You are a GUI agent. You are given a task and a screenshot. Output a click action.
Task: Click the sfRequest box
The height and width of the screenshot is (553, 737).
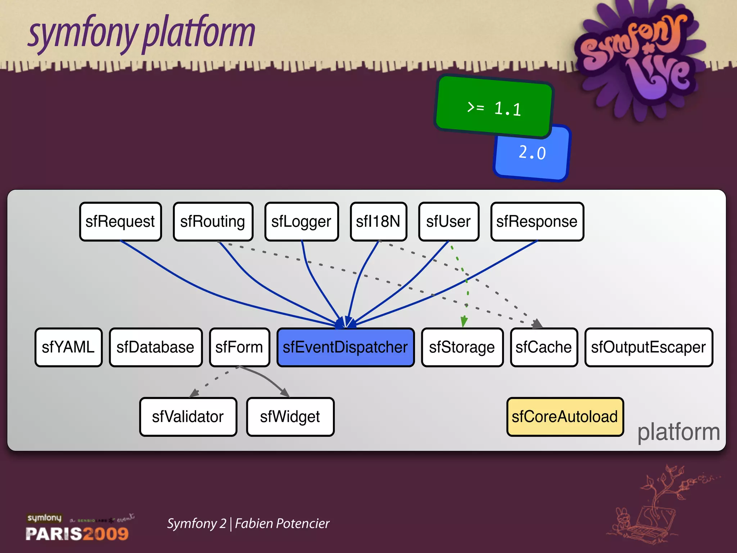[120, 221]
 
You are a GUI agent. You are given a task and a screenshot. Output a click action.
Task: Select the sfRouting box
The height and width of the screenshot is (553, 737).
[213, 221]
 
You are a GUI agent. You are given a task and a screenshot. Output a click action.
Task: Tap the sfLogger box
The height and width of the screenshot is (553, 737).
[301, 221]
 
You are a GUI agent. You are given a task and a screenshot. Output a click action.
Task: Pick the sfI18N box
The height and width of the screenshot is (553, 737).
[378, 221]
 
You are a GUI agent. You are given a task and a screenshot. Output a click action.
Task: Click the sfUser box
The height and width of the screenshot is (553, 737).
[448, 221]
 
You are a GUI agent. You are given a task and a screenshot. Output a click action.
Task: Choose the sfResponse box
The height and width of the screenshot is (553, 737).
[537, 221]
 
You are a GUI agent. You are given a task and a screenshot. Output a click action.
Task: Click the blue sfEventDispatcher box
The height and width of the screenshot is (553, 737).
[345, 347]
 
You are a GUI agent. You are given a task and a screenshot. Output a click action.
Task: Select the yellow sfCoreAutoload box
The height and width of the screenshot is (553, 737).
[565, 417]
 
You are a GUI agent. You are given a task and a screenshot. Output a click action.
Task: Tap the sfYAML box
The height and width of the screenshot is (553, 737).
[68, 347]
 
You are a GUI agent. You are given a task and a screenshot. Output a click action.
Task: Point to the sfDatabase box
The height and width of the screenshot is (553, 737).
[155, 347]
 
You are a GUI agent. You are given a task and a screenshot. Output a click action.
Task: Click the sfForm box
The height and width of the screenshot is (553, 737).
[239, 347]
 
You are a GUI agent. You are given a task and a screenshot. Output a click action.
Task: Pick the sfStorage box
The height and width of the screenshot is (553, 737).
[462, 347]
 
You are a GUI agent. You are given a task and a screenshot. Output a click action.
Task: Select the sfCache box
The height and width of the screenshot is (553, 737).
[544, 347]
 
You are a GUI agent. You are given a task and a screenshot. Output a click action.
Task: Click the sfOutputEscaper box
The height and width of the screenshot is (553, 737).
[648, 347]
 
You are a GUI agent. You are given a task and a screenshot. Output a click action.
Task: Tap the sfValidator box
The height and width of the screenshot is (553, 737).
[188, 417]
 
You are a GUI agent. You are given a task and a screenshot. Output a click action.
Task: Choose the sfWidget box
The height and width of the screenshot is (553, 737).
[290, 417]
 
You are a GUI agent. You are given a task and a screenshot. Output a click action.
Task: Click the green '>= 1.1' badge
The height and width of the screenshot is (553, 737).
[494, 107]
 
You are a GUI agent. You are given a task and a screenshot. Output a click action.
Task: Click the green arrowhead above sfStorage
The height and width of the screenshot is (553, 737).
[464, 322]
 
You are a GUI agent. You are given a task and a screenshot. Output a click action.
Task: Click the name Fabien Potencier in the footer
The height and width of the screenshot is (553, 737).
[282, 523]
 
